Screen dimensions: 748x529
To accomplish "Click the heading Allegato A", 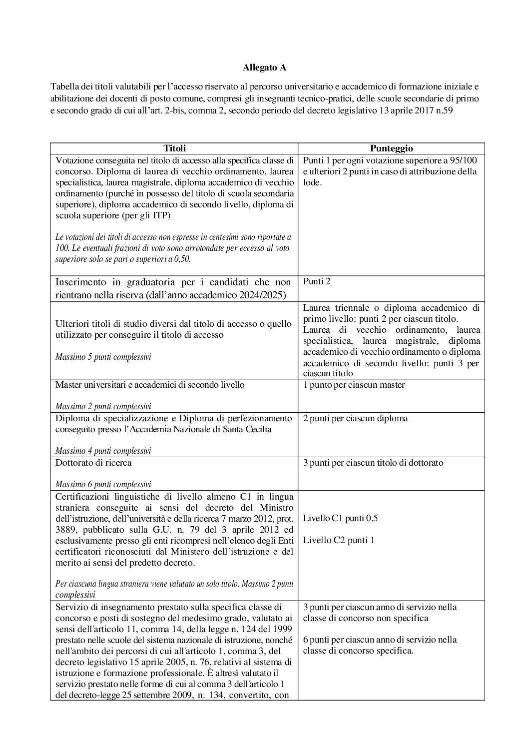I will (264, 66).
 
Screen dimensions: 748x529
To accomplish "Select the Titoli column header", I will (174, 148).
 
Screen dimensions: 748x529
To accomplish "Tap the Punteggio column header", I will (391, 148).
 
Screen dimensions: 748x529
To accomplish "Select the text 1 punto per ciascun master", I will (354, 385).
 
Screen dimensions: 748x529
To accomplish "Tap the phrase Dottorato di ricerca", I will (93, 463).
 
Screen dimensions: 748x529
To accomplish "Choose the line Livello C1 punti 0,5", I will (340, 518).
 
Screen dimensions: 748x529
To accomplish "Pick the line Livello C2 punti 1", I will (339, 540).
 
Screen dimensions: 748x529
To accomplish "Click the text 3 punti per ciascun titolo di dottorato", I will (373, 463).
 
